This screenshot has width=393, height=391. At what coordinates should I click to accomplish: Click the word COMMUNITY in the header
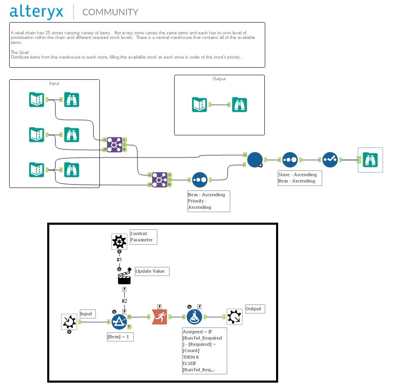110,12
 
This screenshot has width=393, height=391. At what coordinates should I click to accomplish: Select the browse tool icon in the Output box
239,104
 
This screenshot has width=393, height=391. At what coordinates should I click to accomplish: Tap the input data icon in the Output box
200,104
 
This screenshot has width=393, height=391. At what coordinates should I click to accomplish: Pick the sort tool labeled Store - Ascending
290,160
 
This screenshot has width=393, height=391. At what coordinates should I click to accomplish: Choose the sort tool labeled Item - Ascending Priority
200,180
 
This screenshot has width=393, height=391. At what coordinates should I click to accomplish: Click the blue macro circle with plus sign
255,160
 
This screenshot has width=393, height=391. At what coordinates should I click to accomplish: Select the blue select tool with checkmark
330,160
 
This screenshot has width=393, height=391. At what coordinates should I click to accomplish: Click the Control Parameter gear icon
119,241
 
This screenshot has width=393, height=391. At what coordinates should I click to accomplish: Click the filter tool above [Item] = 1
119,322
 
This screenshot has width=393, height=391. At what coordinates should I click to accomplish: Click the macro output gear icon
234,317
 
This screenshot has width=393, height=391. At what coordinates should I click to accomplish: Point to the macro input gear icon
69,322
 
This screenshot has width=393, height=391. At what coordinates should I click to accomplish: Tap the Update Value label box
152,272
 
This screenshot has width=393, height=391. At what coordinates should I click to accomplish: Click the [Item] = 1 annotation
120,337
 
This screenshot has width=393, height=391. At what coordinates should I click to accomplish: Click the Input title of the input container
54,84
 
